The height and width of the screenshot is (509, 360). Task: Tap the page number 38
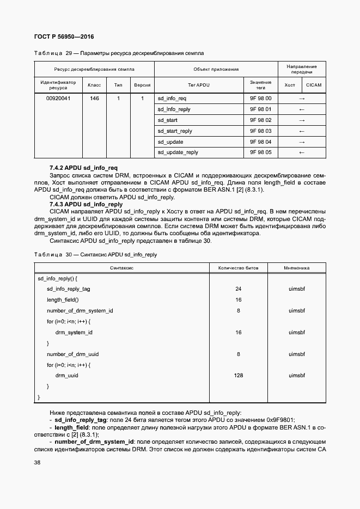(37, 462)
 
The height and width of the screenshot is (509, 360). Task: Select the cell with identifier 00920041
(58, 99)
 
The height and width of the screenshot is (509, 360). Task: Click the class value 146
(94, 99)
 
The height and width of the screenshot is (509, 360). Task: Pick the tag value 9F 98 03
(260, 131)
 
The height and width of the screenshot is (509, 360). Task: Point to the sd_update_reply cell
(178, 152)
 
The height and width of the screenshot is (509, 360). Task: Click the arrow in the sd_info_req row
(302, 99)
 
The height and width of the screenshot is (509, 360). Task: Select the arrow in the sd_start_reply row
(302, 131)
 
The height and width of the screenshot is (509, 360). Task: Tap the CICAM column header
(314, 85)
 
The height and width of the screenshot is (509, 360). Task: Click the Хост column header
(290, 85)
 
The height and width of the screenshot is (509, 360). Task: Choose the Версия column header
(142, 85)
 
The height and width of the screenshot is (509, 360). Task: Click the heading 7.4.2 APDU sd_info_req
(83, 168)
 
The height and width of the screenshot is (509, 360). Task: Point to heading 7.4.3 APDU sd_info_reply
(86, 204)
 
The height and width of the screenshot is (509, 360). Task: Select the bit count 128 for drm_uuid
(238, 376)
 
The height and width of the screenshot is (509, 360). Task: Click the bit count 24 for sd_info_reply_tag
(238, 289)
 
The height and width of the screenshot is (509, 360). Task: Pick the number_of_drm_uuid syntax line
(72, 354)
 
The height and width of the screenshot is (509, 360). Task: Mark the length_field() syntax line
(63, 299)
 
